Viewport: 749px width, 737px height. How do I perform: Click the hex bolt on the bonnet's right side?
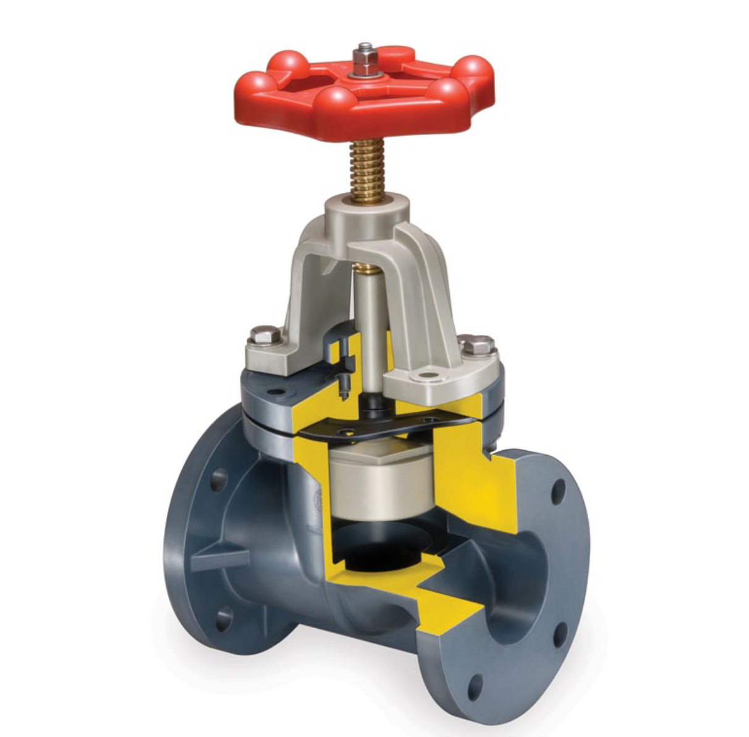477,344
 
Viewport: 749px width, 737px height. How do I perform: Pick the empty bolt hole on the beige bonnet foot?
426,375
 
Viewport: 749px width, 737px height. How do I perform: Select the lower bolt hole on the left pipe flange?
222,618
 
